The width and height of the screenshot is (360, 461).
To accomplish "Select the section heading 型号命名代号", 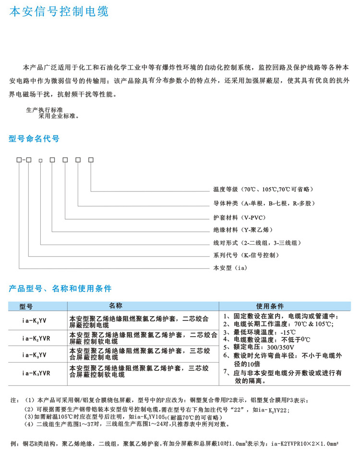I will pos(34,139).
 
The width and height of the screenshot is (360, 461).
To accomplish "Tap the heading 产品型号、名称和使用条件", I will pos(60,288).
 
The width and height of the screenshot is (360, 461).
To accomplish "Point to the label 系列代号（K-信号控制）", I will pos(246,255).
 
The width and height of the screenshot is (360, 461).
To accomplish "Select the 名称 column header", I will pos(117,306).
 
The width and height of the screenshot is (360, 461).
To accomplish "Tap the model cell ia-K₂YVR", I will pos(36,338).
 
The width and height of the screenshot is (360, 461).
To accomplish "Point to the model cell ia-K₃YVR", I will pos(36,372).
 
